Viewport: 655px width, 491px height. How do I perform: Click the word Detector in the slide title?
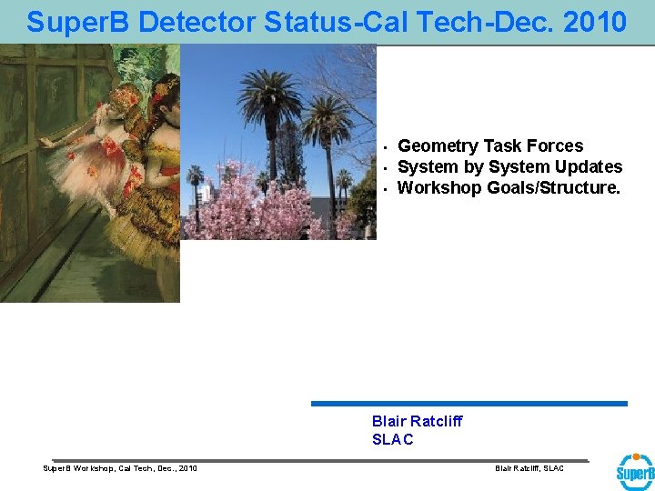(180, 22)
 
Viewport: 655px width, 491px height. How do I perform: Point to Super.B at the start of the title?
(71, 22)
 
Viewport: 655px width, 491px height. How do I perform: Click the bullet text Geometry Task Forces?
(490, 145)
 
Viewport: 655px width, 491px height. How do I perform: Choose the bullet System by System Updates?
(509, 166)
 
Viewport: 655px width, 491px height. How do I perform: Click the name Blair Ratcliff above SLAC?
(417, 421)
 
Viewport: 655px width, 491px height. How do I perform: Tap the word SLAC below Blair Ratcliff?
(392, 439)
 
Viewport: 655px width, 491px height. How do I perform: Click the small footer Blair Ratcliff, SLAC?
(529, 468)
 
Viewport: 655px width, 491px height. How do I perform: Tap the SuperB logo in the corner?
(634, 472)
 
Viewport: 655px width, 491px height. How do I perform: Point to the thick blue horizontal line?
(469, 404)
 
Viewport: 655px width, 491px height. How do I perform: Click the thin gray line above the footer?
(318, 460)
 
